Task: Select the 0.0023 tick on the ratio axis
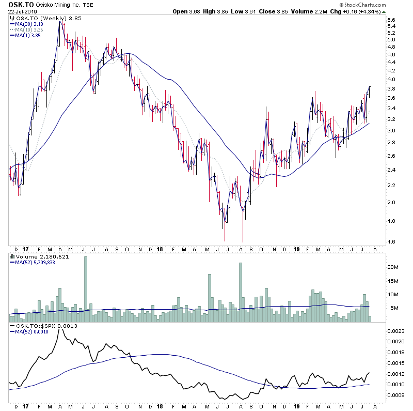click(x=396, y=330)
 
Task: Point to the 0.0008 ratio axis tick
click(x=396, y=396)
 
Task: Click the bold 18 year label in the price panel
click(x=160, y=249)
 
